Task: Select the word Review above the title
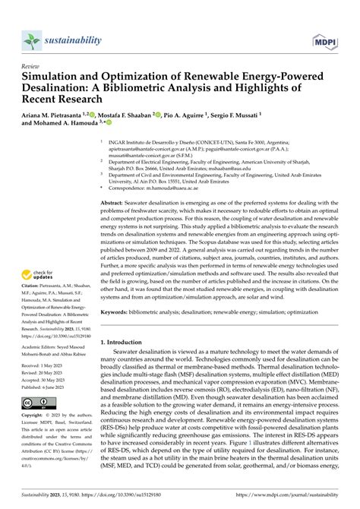[x=31, y=68]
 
